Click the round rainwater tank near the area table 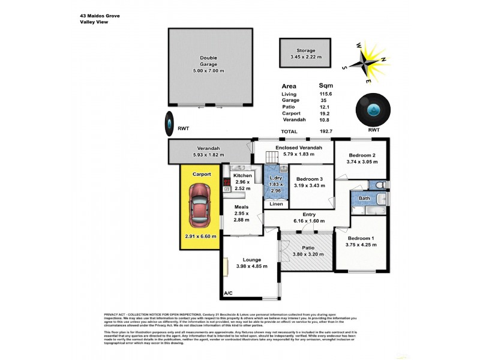coord(373,109)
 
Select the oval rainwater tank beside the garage coord(170,125)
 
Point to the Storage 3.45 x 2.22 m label coord(305,54)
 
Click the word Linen coord(276,204)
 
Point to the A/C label coord(228,293)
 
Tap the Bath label coord(364,197)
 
